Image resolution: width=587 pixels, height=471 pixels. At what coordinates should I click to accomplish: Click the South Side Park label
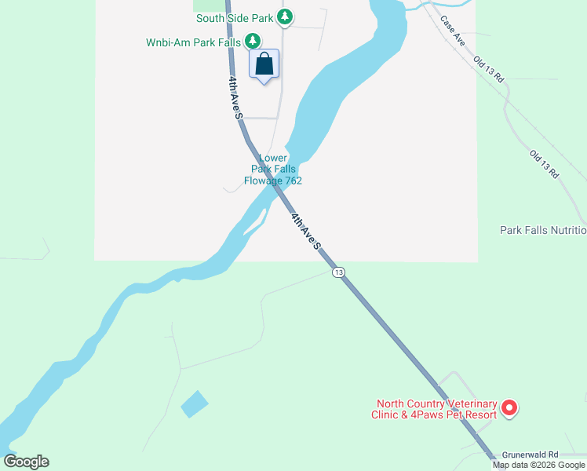tap(235, 17)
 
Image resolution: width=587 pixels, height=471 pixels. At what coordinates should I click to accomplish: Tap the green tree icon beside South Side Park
tap(286, 16)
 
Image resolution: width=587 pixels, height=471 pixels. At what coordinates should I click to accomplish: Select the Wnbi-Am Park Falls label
tap(193, 42)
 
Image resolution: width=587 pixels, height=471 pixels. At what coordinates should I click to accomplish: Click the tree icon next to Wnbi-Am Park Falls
tap(252, 41)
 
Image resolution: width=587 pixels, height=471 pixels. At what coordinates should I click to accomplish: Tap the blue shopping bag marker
tap(264, 64)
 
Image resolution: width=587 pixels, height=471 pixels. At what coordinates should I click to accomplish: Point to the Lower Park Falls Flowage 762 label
tap(273, 169)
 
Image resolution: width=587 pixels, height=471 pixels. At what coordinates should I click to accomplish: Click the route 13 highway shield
tap(337, 272)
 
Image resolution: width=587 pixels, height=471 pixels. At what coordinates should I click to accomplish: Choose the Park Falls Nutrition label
tap(543, 230)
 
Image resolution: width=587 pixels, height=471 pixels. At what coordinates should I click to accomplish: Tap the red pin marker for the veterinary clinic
tap(509, 407)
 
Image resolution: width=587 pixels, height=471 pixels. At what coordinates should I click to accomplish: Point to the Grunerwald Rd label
tap(530, 454)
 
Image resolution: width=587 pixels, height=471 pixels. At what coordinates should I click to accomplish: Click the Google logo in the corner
tap(27, 462)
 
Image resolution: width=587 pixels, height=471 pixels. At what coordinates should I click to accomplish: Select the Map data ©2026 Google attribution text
tap(539, 465)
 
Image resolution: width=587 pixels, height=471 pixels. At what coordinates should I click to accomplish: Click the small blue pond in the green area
tap(195, 403)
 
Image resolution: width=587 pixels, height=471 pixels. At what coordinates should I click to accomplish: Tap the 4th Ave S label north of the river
tap(235, 97)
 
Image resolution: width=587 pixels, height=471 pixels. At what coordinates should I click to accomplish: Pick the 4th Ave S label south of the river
tap(306, 231)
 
